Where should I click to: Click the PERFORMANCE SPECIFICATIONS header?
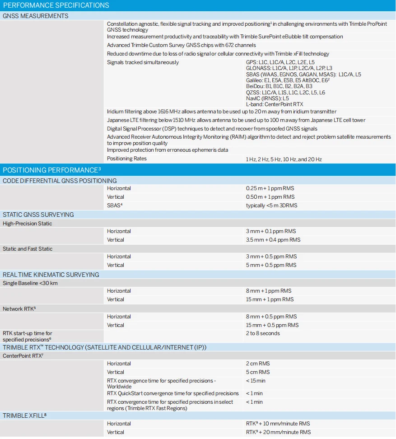(56, 5)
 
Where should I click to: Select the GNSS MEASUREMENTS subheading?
(36, 16)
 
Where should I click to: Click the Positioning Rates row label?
(127, 159)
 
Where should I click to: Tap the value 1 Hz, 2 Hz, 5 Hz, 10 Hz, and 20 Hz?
(284, 159)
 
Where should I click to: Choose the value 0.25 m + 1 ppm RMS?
(270, 188)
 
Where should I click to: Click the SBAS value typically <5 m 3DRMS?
(271, 205)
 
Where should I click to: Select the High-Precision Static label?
(27, 224)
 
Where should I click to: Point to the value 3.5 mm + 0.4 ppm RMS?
(273, 240)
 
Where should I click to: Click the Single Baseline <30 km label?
(30, 283)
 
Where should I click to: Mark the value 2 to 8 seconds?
(263, 333)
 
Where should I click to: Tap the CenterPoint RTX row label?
(23, 356)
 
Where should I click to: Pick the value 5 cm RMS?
(258, 372)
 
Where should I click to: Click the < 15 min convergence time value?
(256, 381)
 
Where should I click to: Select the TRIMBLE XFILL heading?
(24, 416)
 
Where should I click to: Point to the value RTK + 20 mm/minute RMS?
(278, 432)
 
